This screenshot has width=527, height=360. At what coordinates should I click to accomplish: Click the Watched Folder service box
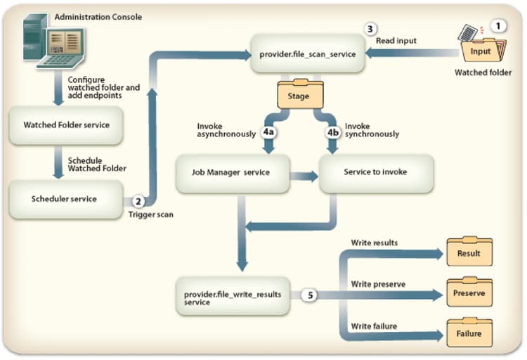(x=67, y=125)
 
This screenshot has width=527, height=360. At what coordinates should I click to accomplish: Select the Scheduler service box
(x=64, y=199)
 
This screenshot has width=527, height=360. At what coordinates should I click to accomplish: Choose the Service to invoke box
(x=375, y=172)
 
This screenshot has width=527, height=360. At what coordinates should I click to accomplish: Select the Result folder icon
(x=469, y=252)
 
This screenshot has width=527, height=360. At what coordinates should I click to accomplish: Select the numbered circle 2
(x=138, y=200)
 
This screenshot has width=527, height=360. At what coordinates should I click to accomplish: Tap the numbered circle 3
(x=370, y=29)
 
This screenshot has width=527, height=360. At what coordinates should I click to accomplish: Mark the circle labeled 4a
(x=268, y=131)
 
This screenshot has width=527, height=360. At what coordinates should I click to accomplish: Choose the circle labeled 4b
(x=332, y=131)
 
